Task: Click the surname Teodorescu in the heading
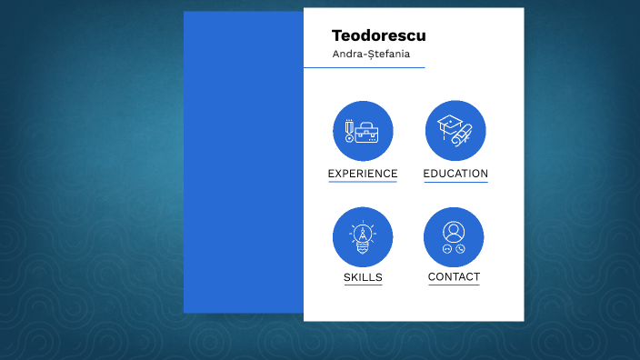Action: (378, 36)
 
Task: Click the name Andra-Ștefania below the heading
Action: (371, 55)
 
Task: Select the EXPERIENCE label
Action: (363, 174)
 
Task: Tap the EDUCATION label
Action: (455, 174)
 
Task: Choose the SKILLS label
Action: (363, 277)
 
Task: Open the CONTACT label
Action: (454, 277)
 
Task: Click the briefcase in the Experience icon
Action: (367, 133)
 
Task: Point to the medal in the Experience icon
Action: (348, 132)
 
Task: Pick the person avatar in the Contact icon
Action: (454, 231)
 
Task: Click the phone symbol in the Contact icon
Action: (461, 249)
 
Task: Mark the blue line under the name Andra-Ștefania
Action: (364, 67)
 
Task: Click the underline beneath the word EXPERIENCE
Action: (363, 182)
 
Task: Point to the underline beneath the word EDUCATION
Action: (455, 182)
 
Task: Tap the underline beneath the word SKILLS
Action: (363, 285)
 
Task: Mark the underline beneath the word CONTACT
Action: (454, 285)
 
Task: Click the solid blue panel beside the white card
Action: (243, 164)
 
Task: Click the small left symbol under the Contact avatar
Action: (446, 249)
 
